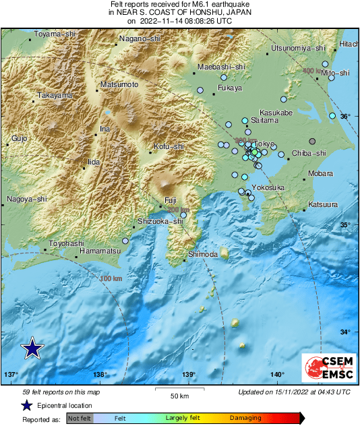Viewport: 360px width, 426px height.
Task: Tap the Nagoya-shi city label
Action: coord(27,199)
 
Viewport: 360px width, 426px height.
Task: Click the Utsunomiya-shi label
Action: coord(298,48)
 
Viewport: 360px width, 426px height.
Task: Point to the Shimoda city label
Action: coord(202,253)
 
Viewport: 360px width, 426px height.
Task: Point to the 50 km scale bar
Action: coord(178,391)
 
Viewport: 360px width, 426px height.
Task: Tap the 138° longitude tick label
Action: coord(100,375)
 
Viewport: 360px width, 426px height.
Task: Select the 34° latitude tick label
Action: coord(344,332)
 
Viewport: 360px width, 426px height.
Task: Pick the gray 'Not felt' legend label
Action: coord(80,419)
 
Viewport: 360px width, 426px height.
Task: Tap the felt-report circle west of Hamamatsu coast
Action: coord(125,241)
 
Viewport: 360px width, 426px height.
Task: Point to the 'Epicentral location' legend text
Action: coord(65,406)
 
